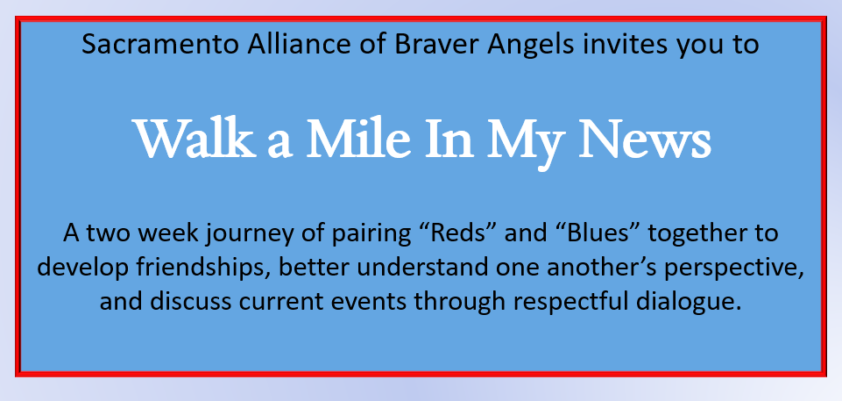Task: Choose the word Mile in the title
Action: click(358, 139)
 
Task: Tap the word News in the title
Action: click(645, 139)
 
